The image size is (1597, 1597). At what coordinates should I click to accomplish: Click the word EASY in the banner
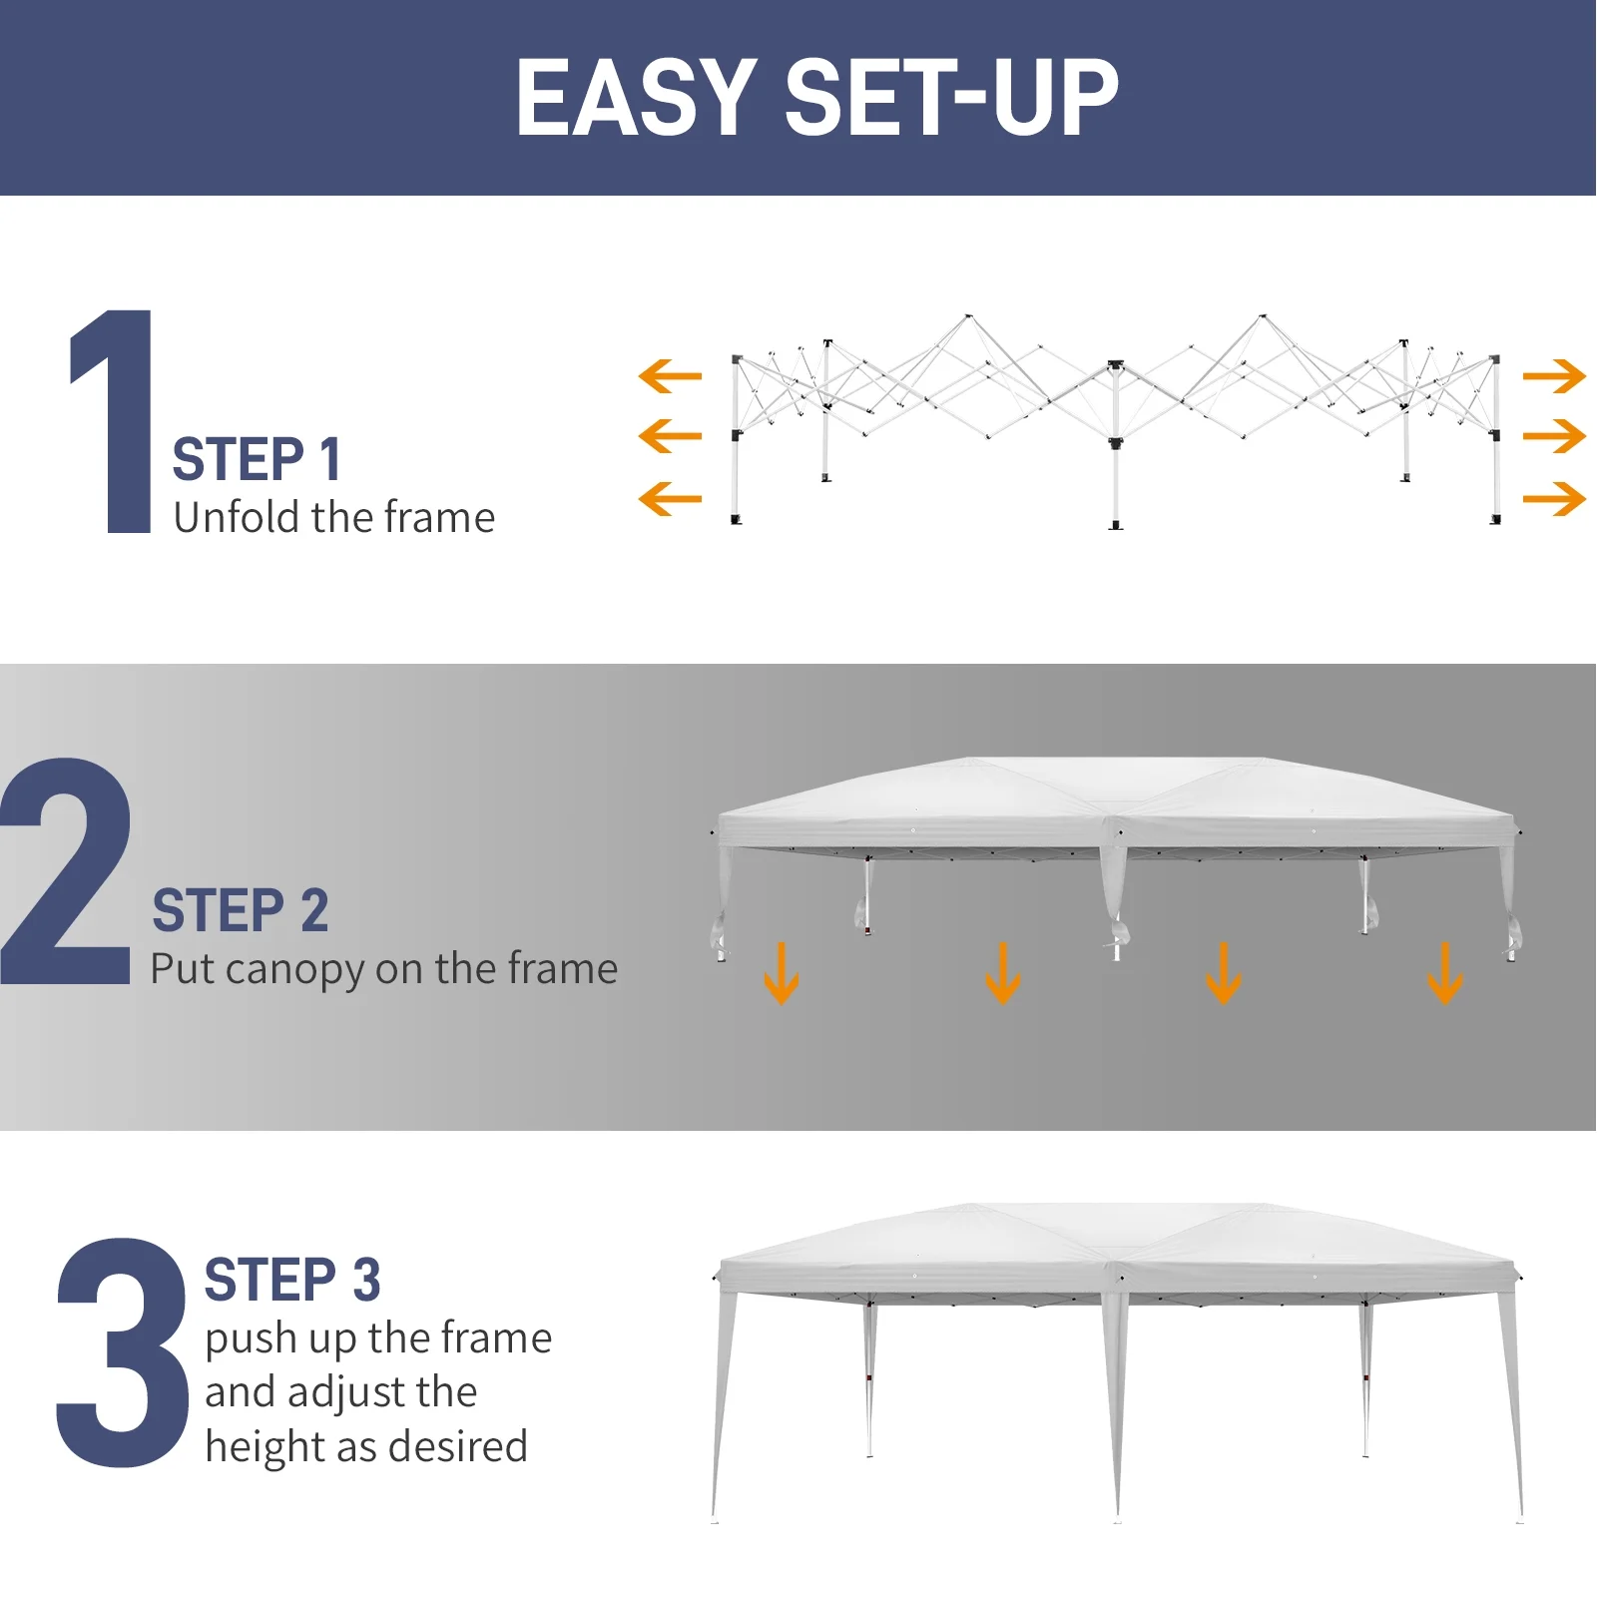click(636, 98)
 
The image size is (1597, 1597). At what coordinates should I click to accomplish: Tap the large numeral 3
click(122, 1352)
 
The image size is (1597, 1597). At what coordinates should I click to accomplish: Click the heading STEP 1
click(257, 460)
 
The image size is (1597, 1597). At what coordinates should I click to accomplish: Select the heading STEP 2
click(240, 910)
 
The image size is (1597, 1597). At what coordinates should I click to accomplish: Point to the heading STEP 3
click(291, 1281)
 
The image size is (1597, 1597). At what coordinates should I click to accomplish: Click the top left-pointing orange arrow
click(670, 376)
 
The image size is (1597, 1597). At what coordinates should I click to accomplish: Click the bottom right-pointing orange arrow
click(1554, 498)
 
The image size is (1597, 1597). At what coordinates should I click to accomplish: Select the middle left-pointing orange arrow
click(670, 436)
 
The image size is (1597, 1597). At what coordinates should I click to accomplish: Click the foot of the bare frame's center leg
click(1116, 524)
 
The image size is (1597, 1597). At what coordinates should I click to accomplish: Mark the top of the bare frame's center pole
click(1116, 365)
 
